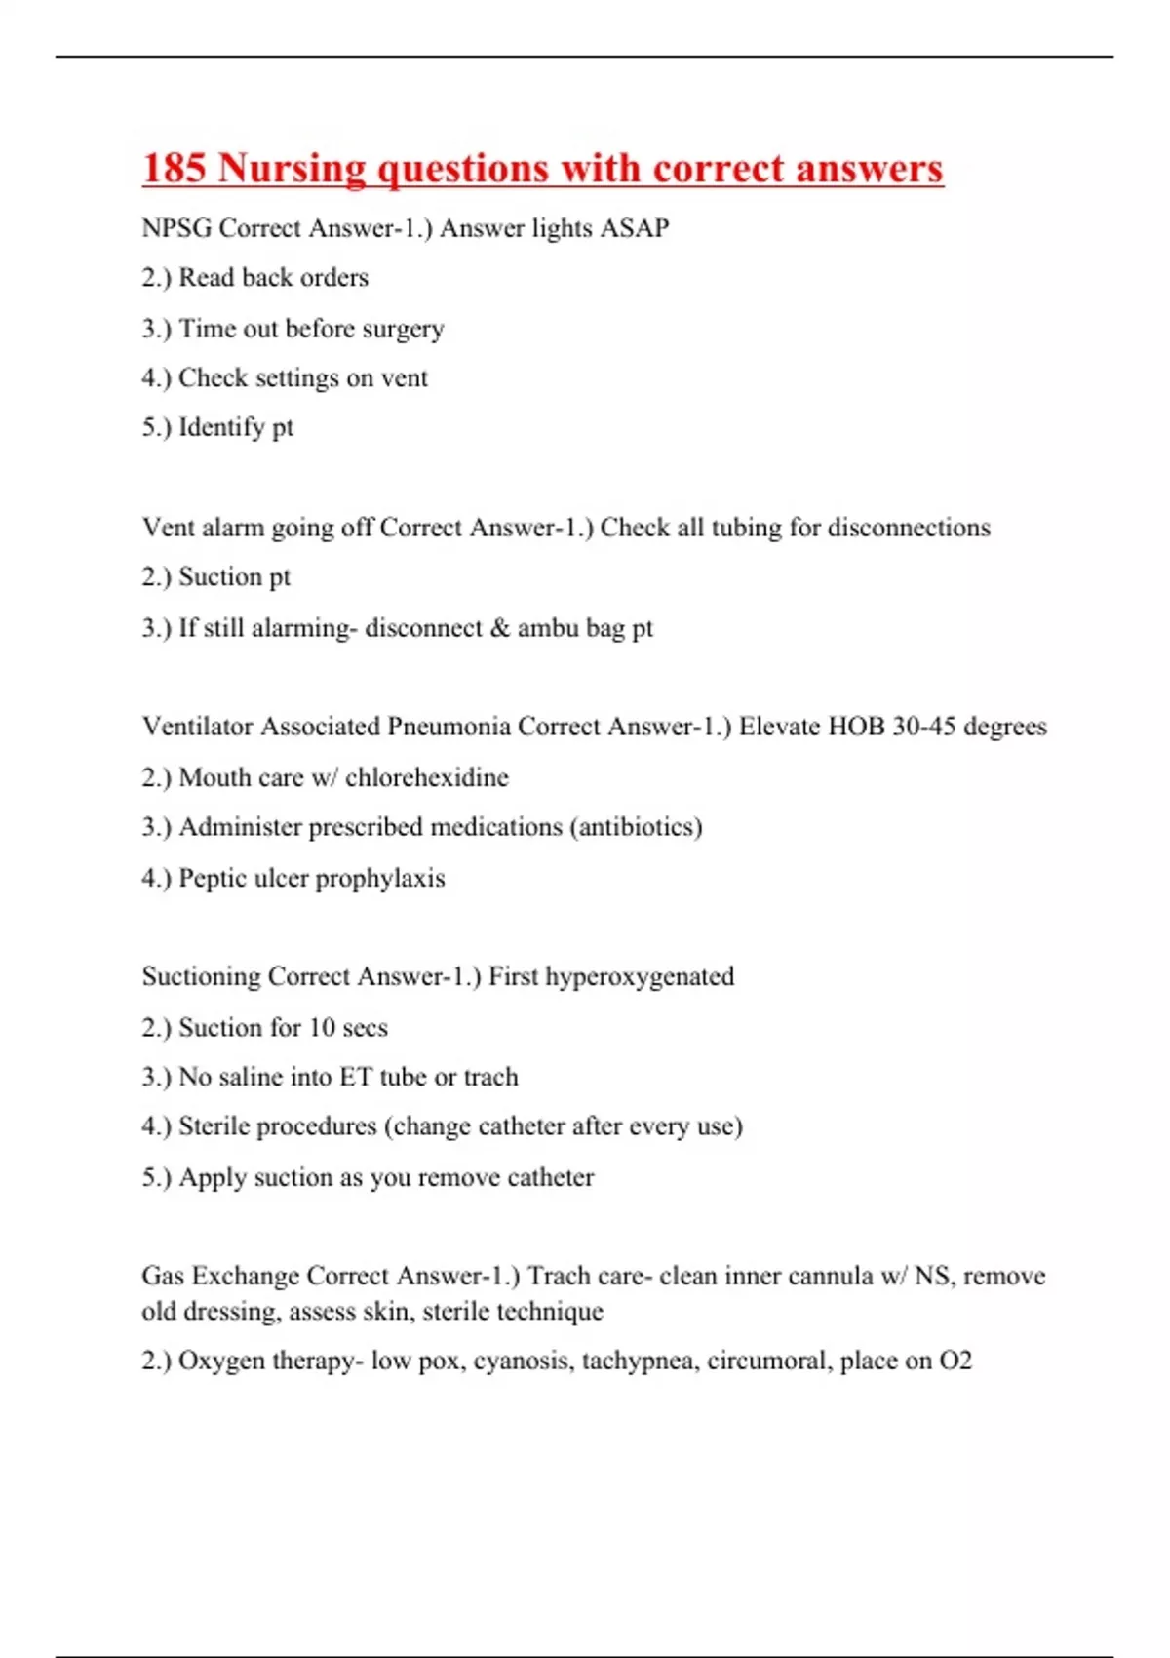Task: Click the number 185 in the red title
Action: [x=175, y=168]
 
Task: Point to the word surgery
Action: [x=403, y=330]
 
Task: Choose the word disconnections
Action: [x=909, y=528]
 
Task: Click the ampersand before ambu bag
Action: [x=500, y=628]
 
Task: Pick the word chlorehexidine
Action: [x=427, y=777]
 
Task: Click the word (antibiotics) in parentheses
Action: [x=636, y=827]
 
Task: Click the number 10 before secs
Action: [x=322, y=1028]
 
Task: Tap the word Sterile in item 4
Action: [x=214, y=1126]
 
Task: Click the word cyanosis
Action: [x=524, y=1361]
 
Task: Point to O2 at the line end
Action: [x=955, y=1361]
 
